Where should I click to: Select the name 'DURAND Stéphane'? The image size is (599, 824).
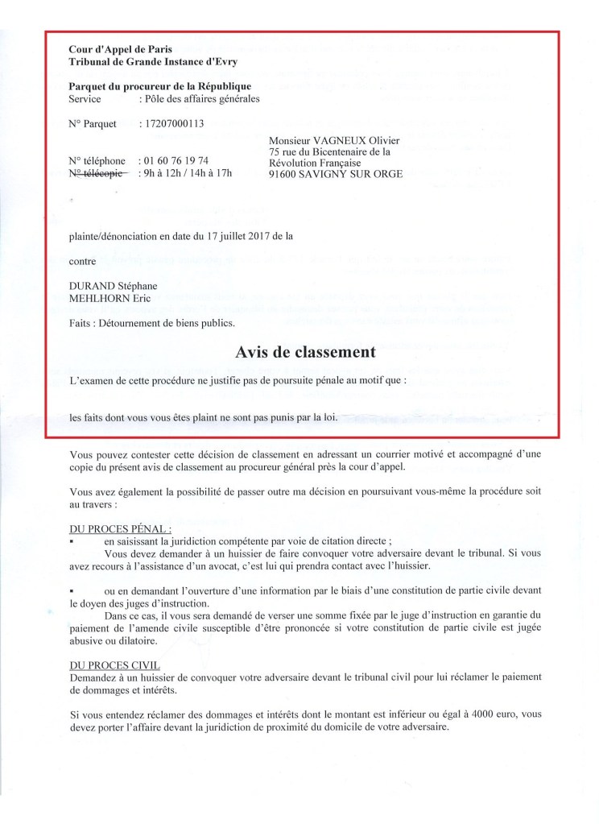113,286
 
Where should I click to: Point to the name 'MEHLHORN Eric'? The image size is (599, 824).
108,299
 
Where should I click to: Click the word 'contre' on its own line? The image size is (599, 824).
83,261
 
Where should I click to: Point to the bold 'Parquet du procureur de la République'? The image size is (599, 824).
160,86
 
